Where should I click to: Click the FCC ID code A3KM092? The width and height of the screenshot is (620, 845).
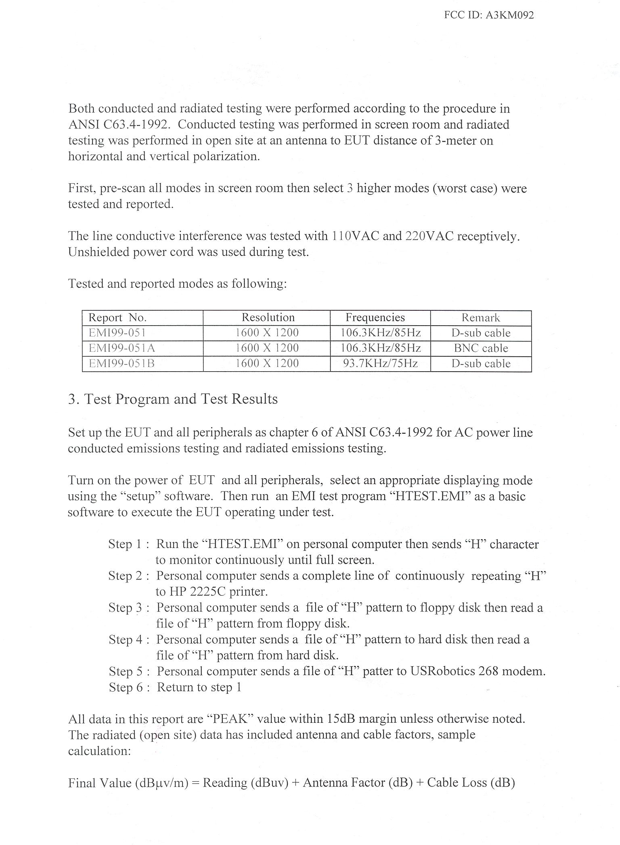coord(509,15)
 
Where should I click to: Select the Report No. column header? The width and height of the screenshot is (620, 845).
coord(117,318)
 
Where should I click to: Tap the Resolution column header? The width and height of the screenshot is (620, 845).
coord(268,317)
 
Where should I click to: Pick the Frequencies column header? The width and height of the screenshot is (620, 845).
coord(375,317)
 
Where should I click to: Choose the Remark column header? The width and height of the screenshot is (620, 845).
coord(481,318)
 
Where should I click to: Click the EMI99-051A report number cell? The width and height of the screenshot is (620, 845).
coord(122,348)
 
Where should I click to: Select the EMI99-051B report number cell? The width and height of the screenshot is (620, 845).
coord(121,363)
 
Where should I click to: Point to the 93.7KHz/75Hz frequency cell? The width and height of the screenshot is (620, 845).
coord(380,363)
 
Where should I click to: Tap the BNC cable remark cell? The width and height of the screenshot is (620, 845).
coord(481,348)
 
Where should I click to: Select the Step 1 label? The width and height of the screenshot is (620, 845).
coord(125,544)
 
